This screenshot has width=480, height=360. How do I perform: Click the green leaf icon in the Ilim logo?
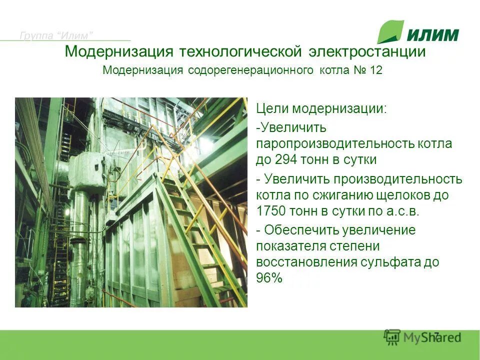(x=390, y=32)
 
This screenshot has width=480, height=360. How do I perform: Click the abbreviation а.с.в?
(x=403, y=211)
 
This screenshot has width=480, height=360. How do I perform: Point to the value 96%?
(x=269, y=278)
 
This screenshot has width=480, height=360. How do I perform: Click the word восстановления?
(x=305, y=262)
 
